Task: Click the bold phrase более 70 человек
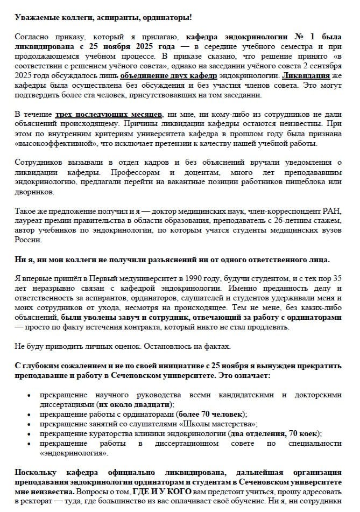(x=210, y=414)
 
